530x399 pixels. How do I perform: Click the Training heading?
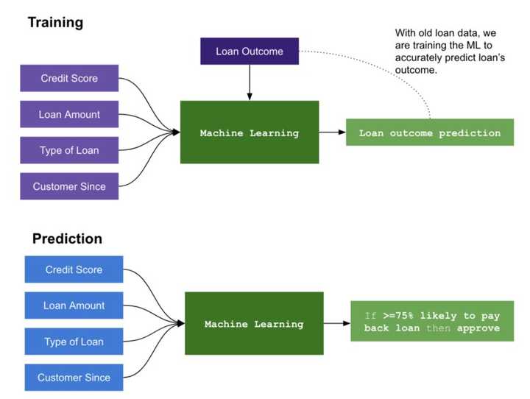(55, 23)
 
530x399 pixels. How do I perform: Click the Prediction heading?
(67, 239)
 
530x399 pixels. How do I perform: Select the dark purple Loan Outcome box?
(250, 51)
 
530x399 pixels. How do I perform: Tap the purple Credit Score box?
(69, 78)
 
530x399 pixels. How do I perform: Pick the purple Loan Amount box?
(69, 114)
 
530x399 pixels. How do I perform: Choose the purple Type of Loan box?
(69, 150)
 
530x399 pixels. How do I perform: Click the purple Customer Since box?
(69, 186)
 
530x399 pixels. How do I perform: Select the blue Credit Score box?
(74, 269)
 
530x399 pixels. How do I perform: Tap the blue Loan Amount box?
(74, 306)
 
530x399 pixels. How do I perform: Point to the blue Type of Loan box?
(74, 342)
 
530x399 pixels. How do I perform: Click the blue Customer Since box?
(74, 378)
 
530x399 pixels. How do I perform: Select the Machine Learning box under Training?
(250, 133)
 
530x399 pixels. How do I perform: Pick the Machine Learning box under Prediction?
(254, 324)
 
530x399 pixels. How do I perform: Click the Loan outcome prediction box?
(430, 133)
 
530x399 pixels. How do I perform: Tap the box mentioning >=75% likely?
(432, 321)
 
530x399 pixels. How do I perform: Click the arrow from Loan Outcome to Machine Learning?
(250, 82)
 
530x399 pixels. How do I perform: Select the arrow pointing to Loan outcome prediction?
(333, 133)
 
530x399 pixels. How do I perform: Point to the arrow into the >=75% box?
(337, 324)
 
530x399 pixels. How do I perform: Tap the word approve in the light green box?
(478, 328)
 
